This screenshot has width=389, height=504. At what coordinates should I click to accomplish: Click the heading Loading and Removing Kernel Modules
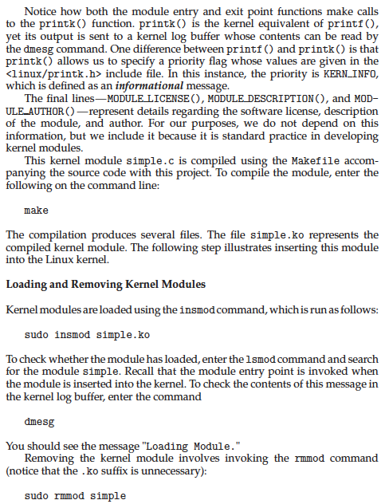[106, 284]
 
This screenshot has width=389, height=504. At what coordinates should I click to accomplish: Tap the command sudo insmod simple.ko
[76, 333]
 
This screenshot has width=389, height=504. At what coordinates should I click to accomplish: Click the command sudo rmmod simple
[75, 496]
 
